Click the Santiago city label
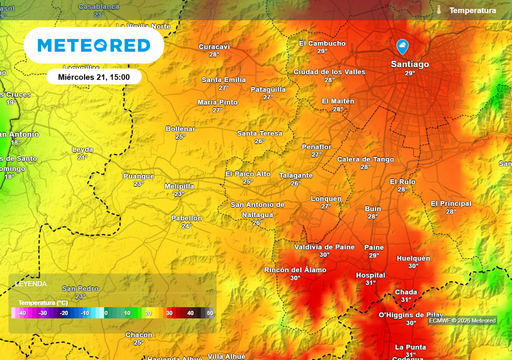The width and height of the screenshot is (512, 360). point(409,64)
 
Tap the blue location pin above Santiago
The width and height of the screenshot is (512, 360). point(402,47)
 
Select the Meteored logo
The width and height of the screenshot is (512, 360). point(94,45)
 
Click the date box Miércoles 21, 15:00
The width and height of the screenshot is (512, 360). point(94,77)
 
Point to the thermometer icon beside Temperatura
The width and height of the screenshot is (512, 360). point(439,10)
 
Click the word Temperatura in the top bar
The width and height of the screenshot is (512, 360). point(472,10)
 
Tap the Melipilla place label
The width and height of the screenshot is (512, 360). point(179,186)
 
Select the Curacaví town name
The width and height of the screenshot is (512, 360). point(214,47)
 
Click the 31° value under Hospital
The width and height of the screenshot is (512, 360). point(370,283)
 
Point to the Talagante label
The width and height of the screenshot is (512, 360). point(296,175)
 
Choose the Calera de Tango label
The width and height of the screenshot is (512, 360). point(365,159)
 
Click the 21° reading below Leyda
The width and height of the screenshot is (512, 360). point(82,157)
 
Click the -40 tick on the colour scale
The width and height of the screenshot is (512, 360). point(21,313)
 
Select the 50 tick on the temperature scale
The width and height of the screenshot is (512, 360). point(210,313)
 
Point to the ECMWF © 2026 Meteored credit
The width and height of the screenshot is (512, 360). point(462,321)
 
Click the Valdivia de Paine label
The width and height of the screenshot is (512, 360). point(324,247)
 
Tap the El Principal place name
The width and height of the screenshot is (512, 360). point(451,203)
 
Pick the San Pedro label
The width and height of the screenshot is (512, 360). point(80,288)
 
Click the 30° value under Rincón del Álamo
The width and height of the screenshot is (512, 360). point(295,278)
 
